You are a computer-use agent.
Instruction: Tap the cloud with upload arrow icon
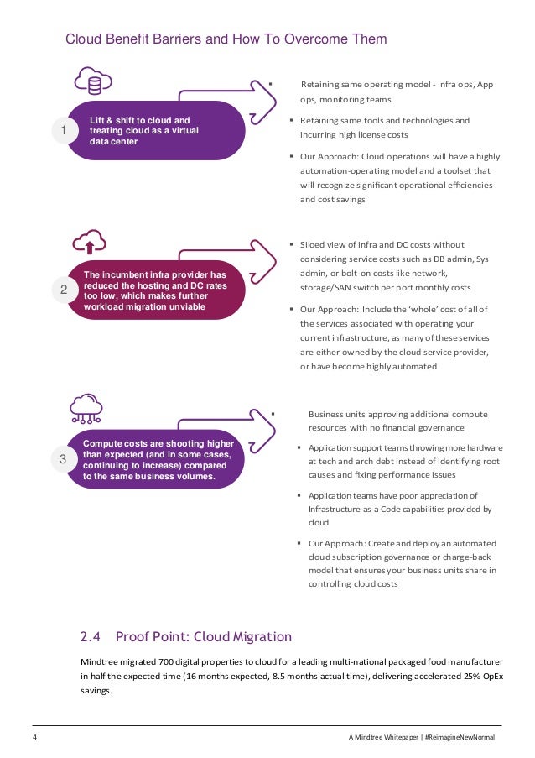coord(90,242)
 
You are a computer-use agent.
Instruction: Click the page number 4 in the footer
coord(34,737)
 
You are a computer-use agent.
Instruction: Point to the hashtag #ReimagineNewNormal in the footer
coord(461,737)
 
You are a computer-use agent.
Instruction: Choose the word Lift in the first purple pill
coord(98,120)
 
